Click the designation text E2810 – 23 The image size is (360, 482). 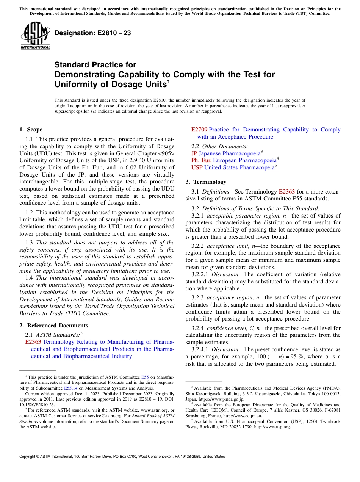[93, 33]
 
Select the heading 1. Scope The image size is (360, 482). [31, 130]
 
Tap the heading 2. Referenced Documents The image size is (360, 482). [54, 326]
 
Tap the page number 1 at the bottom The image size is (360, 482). [180, 466]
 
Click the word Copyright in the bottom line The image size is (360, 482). [28, 457]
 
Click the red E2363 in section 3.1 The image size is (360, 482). [286, 192]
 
